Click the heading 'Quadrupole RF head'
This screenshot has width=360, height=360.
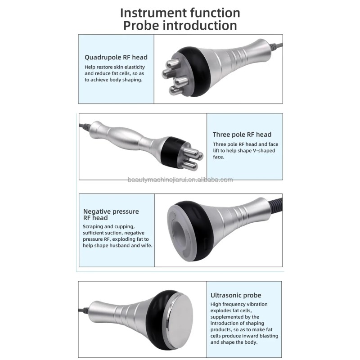(116, 57)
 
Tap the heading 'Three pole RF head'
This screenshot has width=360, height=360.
(242, 134)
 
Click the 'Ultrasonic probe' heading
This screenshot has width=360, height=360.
(236, 295)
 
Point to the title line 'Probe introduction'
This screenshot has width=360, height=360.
(180, 25)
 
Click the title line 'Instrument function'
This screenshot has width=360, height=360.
(180, 12)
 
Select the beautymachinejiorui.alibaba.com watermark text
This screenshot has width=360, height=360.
(180, 180)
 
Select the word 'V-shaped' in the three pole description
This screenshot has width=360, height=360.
(264, 151)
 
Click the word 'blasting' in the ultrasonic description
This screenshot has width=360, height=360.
(267, 336)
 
